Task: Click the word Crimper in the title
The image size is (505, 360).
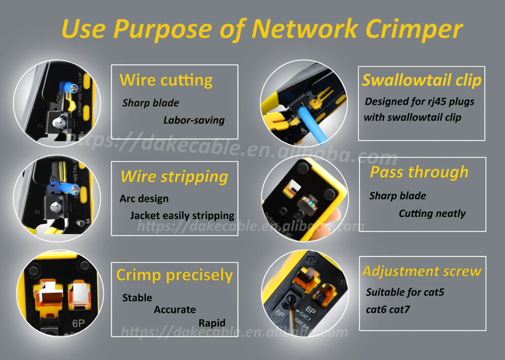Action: (414, 29)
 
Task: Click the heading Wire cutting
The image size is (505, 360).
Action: (166, 81)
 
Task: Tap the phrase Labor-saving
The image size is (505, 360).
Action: (194, 120)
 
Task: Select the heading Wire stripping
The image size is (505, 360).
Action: (174, 177)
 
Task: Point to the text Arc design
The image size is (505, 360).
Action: (144, 199)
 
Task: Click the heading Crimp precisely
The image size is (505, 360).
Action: (174, 275)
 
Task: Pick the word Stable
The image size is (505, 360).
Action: (137, 298)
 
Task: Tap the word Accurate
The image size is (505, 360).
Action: (175, 310)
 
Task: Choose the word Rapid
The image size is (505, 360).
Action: (212, 323)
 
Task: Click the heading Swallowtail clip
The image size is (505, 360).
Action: (421, 80)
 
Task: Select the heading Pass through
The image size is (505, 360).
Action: (419, 172)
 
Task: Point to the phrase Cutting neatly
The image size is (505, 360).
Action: (432, 213)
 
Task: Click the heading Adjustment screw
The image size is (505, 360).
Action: (421, 272)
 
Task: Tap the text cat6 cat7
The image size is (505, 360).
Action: (388, 310)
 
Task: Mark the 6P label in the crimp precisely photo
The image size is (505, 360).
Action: (78, 324)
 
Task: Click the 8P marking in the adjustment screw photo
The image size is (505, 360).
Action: (280, 314)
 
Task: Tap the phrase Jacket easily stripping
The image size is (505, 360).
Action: (182, 216)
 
